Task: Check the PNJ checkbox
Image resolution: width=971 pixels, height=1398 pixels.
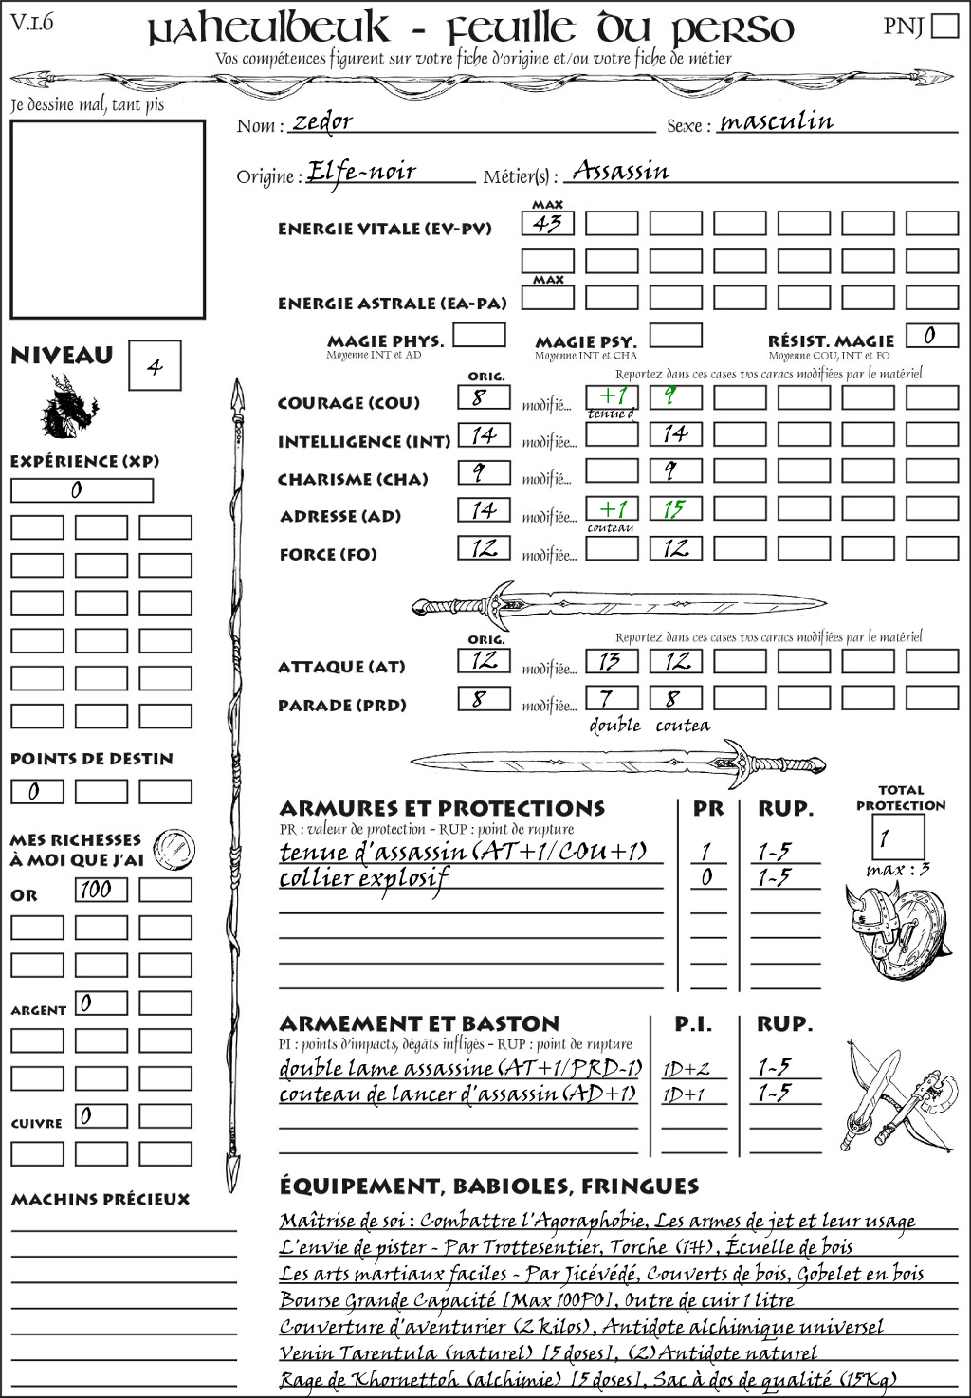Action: (944, 26)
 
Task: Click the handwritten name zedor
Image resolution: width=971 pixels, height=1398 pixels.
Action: (322, 121)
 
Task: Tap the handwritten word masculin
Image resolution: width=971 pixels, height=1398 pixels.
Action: (776, 121)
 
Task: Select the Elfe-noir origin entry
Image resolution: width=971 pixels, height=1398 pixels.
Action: (362, 172)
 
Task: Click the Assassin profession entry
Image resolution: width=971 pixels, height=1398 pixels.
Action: (620, 172)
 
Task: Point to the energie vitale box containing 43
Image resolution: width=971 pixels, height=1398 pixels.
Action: (547, 224)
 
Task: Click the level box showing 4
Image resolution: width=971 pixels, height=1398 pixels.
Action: (155, 366)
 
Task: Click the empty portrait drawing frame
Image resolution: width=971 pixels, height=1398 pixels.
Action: (107, 219)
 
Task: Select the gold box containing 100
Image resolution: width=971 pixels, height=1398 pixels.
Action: (101, 890)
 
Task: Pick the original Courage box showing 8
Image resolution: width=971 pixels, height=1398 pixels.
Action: (484, 397)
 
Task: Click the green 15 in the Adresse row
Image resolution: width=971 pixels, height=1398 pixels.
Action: (675, 509)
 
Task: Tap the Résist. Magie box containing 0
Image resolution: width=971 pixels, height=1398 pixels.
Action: (930, 335)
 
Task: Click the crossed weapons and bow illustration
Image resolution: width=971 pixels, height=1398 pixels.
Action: (896, 1097)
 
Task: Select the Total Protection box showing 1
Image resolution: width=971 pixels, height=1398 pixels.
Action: (897, 837)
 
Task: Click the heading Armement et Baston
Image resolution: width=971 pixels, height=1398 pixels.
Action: (419, 1023)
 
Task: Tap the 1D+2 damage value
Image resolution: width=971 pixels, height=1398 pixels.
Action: (686, 1069)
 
